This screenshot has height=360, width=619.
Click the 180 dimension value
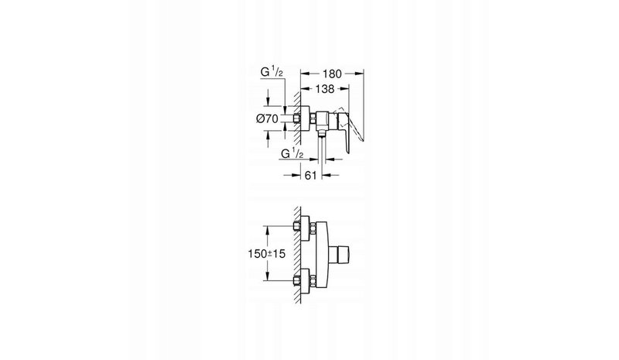[332, 74]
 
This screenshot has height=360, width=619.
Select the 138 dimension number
[324, 89]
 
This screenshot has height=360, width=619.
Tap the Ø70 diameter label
[267, 118]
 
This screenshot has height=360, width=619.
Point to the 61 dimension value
[311, 175]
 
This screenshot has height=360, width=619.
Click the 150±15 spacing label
[266, 253]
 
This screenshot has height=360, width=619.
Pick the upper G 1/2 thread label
[272, 72]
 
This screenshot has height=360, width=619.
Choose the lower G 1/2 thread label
[292, 153]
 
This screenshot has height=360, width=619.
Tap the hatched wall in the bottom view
[297, 255]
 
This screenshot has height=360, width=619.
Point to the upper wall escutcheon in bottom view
[305, 228]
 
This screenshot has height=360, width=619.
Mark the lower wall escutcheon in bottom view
[305, 280]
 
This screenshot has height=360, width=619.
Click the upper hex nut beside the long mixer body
[313, 228]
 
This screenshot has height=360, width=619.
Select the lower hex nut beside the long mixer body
[313, 280]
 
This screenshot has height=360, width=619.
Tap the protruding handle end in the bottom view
[340, 254]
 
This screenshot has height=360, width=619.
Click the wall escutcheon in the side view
[305, 118]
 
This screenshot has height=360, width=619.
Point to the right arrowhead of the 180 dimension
[359, 73]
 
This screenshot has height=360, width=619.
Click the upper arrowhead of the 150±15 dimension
[268, 230]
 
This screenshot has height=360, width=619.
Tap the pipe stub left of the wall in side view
[296, 118]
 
